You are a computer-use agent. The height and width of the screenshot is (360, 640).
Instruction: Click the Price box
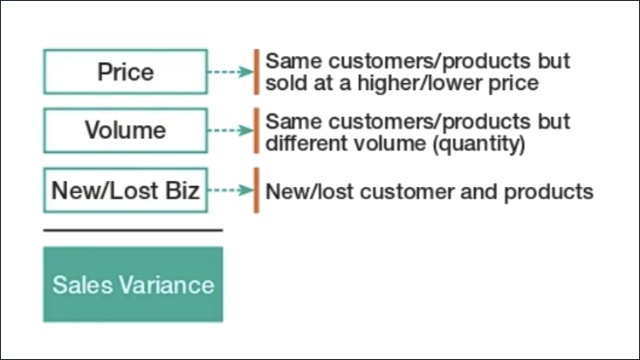[126, 72]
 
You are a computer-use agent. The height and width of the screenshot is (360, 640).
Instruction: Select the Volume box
[126, 131]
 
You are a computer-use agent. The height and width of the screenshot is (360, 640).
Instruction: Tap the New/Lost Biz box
[126, 190]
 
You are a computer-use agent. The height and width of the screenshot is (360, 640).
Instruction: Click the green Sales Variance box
[133, 285]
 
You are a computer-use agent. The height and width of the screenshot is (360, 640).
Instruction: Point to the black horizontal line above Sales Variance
[133, 231]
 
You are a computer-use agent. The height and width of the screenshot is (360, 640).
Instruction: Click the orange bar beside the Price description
[256, 72]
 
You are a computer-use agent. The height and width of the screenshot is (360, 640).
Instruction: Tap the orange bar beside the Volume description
[256, 131]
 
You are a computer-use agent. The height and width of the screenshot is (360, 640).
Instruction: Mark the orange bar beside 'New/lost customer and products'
[256, 190]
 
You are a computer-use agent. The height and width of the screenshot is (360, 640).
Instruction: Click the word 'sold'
[284, 84]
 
